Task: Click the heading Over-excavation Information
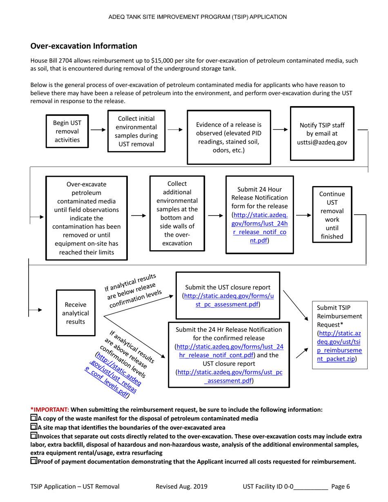coord(84,46)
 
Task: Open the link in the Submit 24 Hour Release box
coord(259,227)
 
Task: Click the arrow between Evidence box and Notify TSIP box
coord(280,129)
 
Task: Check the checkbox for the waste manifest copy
coord(34,418)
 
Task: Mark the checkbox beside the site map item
coord(34,427)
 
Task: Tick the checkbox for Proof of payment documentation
coord(34,462)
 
